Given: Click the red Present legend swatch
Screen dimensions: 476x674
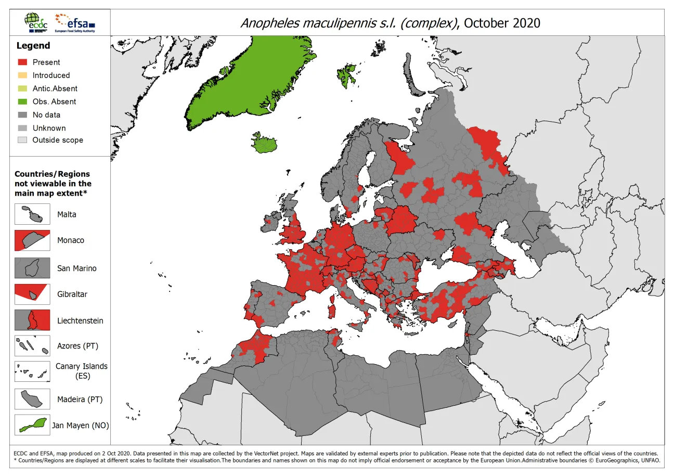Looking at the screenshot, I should point(22,62).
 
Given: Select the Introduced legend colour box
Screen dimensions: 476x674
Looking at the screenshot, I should point(22,75).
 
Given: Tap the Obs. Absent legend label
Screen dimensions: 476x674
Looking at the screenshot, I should point(54,101).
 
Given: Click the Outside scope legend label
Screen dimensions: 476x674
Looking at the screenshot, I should point(57,140).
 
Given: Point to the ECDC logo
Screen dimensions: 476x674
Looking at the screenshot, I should point(35,22).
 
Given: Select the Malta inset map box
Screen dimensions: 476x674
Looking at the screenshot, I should point(32,214).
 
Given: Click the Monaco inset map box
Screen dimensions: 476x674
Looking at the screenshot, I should point(32,240).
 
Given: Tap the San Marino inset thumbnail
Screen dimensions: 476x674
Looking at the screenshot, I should point(32,268).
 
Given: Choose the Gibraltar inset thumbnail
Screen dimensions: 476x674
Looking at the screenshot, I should point(32,294).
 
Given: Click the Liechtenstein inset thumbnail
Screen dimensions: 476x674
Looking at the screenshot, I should point(32,320).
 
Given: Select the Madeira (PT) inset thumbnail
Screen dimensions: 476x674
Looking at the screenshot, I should point(32,400).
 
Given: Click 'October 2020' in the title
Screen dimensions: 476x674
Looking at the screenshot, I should point(501,23).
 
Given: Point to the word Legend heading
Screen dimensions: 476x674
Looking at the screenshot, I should point(33,46).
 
